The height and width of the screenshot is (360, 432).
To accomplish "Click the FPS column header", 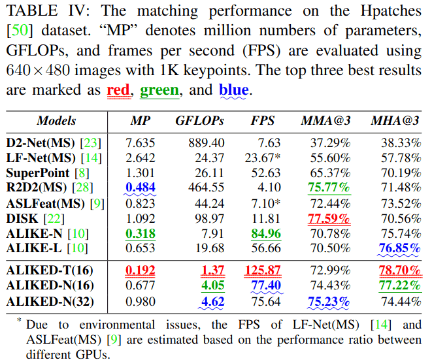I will (x=263, y=120).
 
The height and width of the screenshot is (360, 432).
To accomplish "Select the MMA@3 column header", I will (x=325, y=120).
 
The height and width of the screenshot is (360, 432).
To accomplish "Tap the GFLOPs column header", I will (x=199, y=120).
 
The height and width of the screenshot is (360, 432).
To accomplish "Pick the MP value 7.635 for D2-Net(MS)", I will (x=141, y=143).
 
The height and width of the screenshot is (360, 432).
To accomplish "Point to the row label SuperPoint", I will (x=38, y=173).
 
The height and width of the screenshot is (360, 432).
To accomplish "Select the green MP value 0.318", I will (x=141, y=233).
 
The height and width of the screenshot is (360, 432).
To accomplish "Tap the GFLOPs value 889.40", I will (x=205, y=143).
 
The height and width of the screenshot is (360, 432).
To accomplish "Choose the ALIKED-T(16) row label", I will (x=50, y=270).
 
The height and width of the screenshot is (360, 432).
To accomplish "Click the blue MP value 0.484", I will (x=141, y=188).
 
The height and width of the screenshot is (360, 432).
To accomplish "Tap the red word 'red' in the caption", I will (x=118, y=90).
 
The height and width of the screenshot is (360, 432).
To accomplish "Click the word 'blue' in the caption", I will (x=233, y=90).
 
